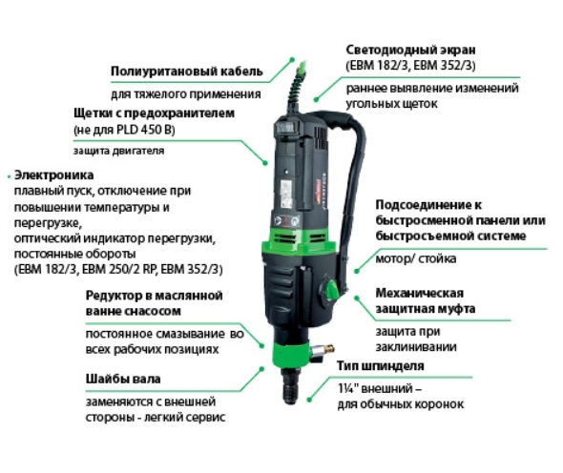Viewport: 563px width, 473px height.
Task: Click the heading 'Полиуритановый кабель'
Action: (x=187, y=72)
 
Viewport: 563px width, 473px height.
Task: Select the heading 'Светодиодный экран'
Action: (x=410, y=50)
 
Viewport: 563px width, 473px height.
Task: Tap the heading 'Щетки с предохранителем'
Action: (x=154, y=113)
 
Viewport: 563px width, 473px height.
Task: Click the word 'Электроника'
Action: (x=53, y=175)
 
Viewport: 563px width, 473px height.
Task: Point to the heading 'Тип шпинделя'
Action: (x=381, y=366)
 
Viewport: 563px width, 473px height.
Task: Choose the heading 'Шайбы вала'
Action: (x=123, y=379)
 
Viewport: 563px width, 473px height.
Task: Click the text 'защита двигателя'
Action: (x=119, y=151)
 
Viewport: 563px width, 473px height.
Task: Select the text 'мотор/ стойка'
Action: (x=416, y=258)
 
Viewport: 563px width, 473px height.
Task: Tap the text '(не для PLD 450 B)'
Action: (x=124, y=130)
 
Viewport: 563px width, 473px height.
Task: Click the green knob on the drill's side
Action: (x=330, y=290)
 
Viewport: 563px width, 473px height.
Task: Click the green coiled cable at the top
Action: (x=299, y=83)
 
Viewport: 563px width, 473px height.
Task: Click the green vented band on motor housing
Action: (x=299, y=239)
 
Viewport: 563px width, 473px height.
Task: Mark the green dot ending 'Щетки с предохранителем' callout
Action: (x=265, y=162)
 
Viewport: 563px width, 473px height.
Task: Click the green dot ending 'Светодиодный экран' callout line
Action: (x=316, y=99)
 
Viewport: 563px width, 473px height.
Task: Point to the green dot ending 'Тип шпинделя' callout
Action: (x=309, y=399)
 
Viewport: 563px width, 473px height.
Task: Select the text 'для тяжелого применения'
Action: (x=186, y=94)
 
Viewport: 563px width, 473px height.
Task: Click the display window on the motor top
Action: (x=287, y=127)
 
